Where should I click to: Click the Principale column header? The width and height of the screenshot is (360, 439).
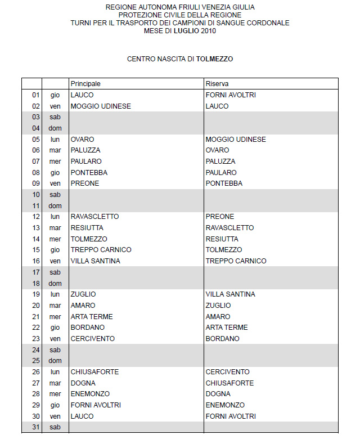click(85, 84)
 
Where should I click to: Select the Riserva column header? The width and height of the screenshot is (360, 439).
click(217, 84)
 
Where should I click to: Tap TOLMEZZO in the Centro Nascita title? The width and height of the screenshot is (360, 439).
click(214, 59)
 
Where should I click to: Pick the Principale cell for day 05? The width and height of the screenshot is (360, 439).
click(82, 139)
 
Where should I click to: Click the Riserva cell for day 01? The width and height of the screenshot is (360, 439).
click(231, 95)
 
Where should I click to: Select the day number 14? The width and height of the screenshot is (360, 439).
click(36, 239)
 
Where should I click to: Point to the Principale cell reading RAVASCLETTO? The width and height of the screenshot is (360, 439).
click(94, 217)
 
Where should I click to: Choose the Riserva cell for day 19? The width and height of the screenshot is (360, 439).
click(230, 294)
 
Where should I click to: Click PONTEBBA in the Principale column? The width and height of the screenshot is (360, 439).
click(89, 172)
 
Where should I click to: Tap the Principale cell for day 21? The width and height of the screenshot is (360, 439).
click(92, 316)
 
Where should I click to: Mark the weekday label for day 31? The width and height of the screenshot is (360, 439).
click(55, 428)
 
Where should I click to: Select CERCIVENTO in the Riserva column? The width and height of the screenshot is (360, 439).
click(228, 372)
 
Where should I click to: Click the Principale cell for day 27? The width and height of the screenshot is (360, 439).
click(83, 383)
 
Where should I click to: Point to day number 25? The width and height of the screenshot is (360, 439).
click(36, 361)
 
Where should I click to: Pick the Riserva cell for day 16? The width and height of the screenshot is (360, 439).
click(236, 261)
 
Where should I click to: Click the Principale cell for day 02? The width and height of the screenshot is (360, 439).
click(101, 106)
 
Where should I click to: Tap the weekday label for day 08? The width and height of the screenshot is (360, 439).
click(55, 172)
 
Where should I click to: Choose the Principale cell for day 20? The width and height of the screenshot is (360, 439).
click(83, 305)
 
